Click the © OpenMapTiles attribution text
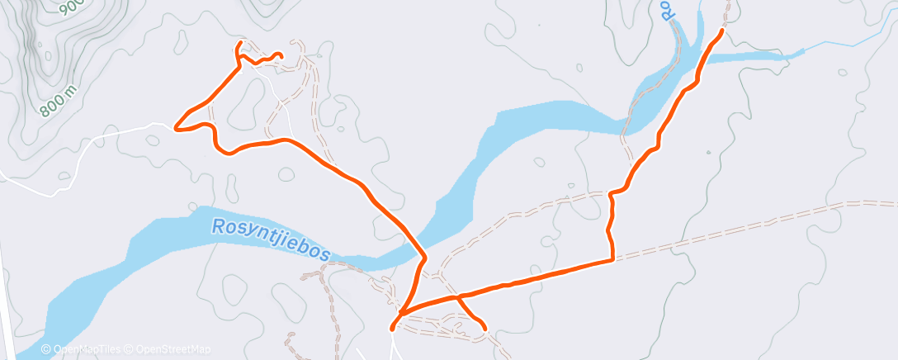83,350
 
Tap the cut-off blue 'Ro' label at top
669,10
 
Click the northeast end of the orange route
722,31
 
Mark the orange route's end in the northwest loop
281,56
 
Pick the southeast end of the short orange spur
484,329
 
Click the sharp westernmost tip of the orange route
175,128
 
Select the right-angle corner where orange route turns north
612,260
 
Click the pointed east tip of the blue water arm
802,53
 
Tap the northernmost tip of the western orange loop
239,42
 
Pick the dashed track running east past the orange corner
743,228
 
